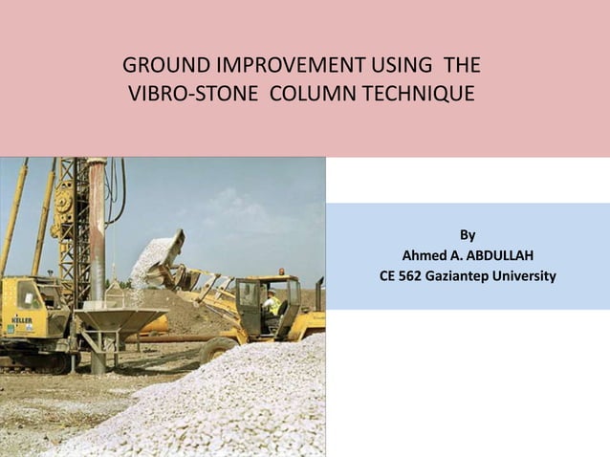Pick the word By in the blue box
point(468,235)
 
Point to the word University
point(527,276)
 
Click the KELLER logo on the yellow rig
point(22,320)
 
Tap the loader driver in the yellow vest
point(272,305)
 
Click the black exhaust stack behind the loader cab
point(319,293)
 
